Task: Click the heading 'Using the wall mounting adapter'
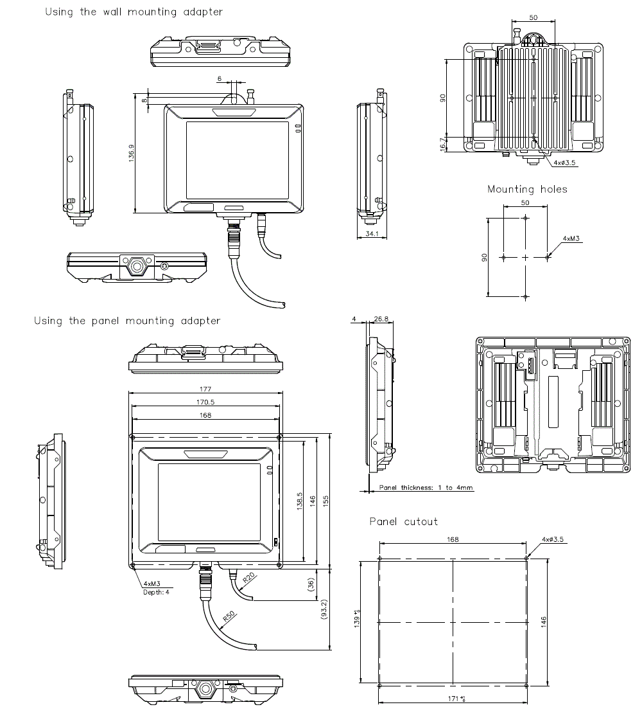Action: click(134, 12)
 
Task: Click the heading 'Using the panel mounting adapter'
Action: click(127, 321)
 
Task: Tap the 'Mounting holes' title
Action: click(527, 189)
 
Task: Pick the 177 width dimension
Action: click(205, 389)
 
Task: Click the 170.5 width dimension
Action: click(205, 402)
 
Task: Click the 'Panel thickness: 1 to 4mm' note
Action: click(426, 488)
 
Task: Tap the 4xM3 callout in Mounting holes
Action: click(571, 238)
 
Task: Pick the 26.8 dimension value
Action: click(381, 319)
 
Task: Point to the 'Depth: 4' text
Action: click(156, 592)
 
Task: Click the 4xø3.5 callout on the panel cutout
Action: click(552, 539)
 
